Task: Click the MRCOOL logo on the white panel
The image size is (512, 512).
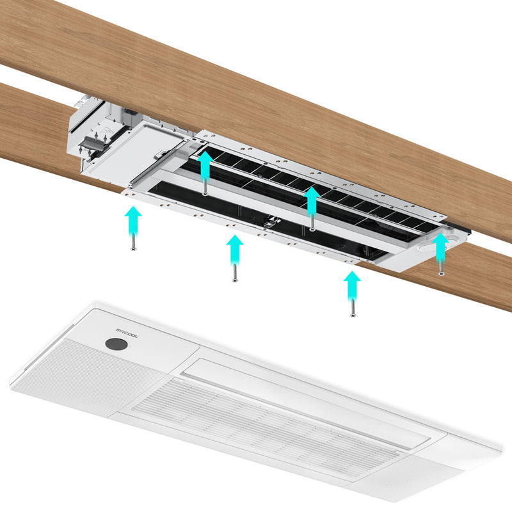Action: click(x=127, y=333)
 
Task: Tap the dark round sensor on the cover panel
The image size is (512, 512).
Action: click(x=116, y=344)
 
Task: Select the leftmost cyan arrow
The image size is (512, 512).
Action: click(x=133, y=222)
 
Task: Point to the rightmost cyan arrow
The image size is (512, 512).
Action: click(x=441, y=247)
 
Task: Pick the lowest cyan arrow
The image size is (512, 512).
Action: click(x=352, y=286)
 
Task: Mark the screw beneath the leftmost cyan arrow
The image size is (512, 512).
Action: click(x=133, y=243)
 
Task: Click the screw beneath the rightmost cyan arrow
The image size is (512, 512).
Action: click(x=441, y=268)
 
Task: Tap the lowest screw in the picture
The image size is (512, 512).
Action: click(x=353, y=308)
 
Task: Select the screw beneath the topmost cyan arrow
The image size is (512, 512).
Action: click(x=205, y=188)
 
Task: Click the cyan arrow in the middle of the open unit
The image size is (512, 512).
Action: click(x=312, y=202)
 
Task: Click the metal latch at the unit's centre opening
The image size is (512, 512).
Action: click(x=271, y=221)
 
